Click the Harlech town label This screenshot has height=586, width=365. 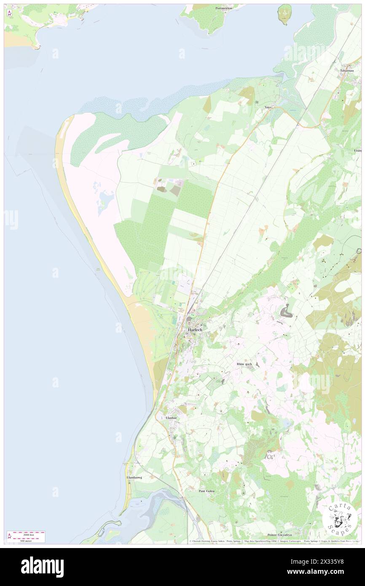click(x=195, y=329)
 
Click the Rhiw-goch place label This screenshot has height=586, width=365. click(x=244, y=364)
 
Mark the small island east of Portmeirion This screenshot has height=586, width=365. click(x=285, y=14)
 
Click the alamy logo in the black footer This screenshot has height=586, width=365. click(x=42, y=567)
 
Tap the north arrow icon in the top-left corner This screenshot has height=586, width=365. click(x=9, y=13)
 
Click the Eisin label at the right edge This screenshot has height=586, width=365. click(x=357, y=150)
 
